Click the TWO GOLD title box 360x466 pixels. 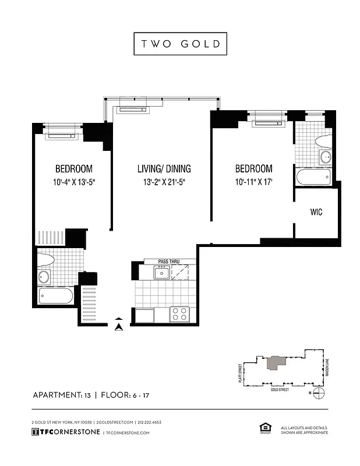pyautogui.click(x=179, y=44)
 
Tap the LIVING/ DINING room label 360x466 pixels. pyautogui.click(x=164, y=169)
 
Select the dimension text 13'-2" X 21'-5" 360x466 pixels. pyautogui.click(x=164, y=182)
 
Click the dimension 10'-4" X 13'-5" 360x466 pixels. pyautogui.click(x=73, y=182)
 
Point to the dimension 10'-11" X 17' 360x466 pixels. pyautogui.click(x=253, y=182)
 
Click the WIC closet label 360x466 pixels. pyautogui.click(x=316, y=213)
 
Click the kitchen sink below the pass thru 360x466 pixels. pyautogui.click(x=161, y=272)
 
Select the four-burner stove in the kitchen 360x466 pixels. pyautogui.click(x=180, y=314)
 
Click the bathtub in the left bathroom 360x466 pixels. pyautogui.click(x=56, y=296)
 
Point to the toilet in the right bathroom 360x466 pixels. pyautogui.click(x=323, y=140)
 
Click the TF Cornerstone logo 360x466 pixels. pyautogui.click(x=65, y=432)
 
